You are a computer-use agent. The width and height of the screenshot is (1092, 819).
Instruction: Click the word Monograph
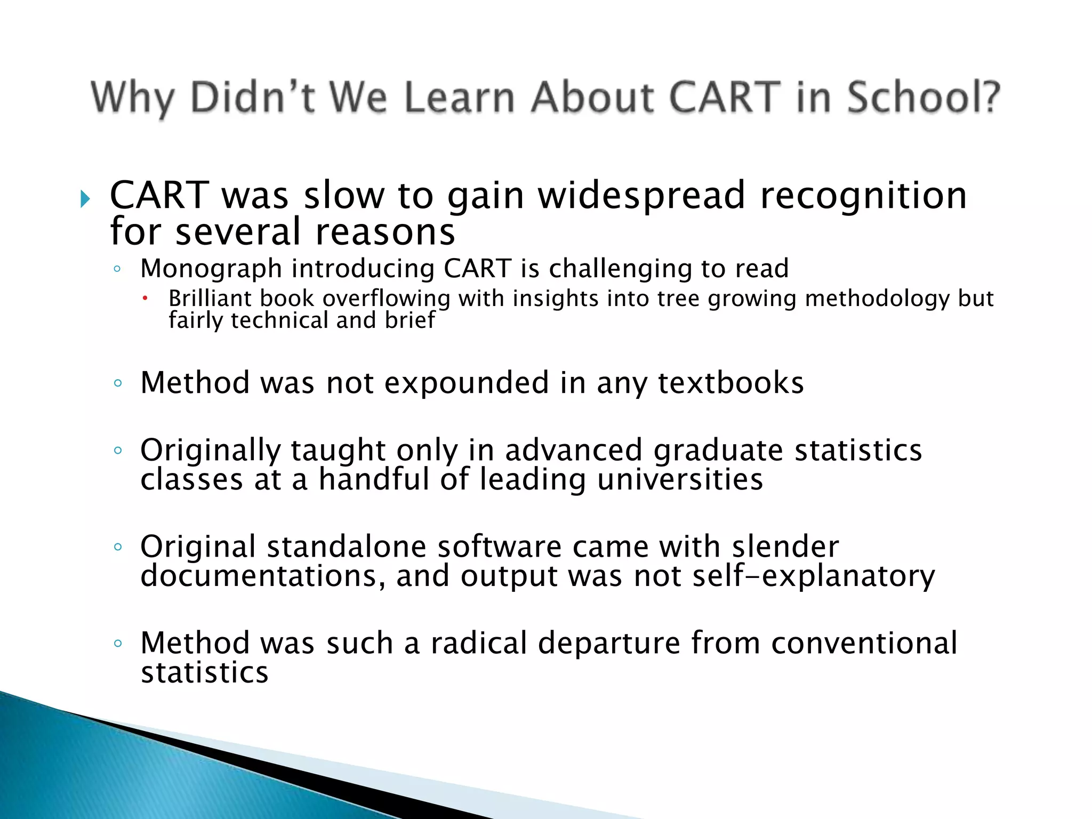[211, 269]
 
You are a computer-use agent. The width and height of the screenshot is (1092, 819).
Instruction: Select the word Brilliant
[210, 299]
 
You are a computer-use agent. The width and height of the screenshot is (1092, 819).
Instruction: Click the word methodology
[877, 299]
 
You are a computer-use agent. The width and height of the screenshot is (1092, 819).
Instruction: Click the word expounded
[467, 383]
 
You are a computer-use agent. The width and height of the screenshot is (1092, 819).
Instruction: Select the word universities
[680, 479]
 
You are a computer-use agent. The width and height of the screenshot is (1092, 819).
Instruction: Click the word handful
[374, 479]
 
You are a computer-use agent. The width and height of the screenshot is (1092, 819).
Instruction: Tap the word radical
[479, 643]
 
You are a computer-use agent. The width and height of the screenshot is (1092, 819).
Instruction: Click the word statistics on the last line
[204, 673]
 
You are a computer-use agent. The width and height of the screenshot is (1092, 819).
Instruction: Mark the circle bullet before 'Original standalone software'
[118, 547]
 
